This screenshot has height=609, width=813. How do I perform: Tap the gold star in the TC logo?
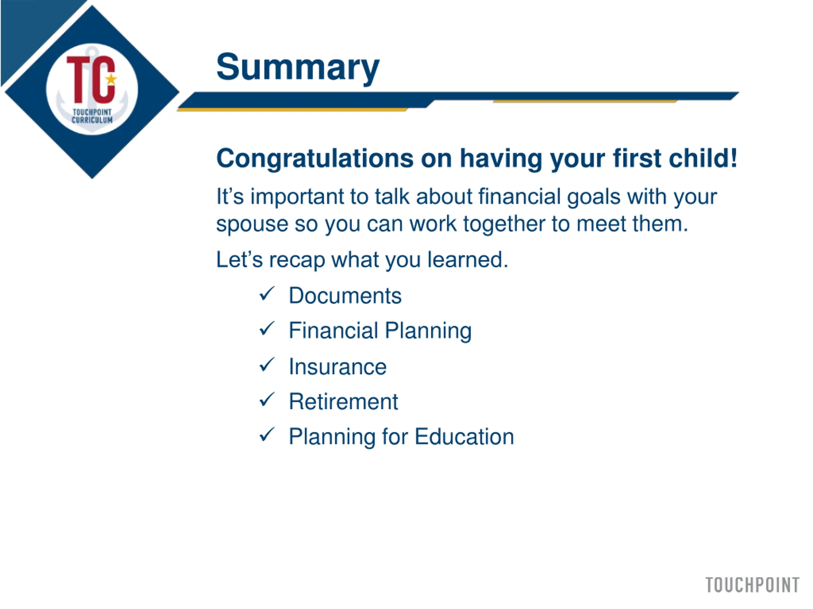[x=111, y=79]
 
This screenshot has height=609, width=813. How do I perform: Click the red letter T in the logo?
[x=78, y=79]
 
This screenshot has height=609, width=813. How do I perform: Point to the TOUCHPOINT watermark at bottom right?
[x=752, y=585]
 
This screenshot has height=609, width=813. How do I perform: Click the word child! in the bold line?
[x=703, y=158]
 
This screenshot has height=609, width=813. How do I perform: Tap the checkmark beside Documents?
[x=267, y=294]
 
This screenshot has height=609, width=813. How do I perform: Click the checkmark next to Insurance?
[x=267, y=364]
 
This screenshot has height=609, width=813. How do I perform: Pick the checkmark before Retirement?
[x=267, y=399]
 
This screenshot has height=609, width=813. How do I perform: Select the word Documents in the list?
[x=345, y=296]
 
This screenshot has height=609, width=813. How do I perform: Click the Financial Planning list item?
[x=380, y=331]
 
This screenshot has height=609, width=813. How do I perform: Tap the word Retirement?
[x=343, y=402]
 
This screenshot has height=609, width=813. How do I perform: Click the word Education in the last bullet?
[x=464, y=436]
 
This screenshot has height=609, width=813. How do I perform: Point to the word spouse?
[x=252, y=225]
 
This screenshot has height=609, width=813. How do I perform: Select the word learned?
[x=468, y=259]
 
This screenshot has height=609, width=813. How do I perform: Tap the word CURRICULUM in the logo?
[x=92, y=120]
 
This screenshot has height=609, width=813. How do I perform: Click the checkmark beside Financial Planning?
[x=267, y=329]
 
